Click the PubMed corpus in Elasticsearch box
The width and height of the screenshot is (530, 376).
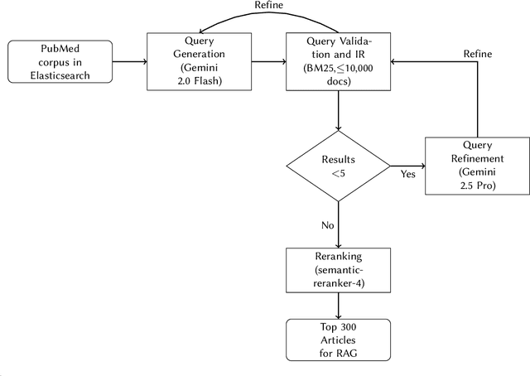[60, 62]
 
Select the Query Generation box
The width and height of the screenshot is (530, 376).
[198, 62]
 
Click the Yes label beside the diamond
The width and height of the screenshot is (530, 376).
[408, 175]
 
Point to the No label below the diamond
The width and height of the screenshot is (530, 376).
[328, 224]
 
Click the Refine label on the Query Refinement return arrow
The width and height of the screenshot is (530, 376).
[478, 53]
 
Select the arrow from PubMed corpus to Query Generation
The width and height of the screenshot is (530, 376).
[129, 62]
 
